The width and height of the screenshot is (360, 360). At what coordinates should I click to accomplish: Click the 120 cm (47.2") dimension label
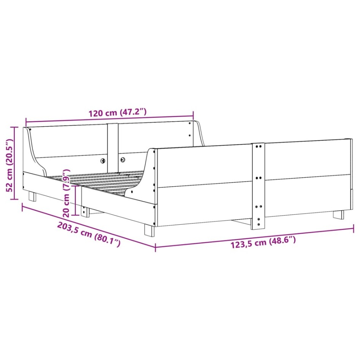coord(117,113)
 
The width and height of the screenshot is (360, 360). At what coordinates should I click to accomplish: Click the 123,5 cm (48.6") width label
coord(263,242)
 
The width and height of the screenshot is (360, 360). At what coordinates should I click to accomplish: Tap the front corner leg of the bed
coord(149,230)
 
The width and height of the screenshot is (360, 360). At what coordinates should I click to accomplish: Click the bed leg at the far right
coord(338,214)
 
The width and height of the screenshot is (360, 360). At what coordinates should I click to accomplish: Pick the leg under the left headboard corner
coord(32,196)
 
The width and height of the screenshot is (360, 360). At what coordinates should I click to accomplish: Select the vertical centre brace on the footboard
coord(258,186)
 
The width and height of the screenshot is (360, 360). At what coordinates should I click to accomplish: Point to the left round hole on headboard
coord(103,160)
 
